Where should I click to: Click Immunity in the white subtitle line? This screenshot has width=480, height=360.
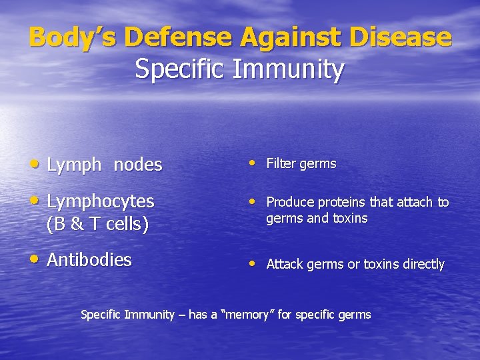(289, 69)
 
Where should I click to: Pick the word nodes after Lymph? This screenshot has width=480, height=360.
(138, 165)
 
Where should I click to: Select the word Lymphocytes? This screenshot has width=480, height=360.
(101, 201)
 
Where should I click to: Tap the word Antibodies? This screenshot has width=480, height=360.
(89, 260)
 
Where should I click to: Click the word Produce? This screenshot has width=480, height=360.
(291, 202)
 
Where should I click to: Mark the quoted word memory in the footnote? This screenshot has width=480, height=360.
(247, 315)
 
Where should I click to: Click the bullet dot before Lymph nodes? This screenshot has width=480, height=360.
(35, 163)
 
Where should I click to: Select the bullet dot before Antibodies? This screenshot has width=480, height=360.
(35, 259)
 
